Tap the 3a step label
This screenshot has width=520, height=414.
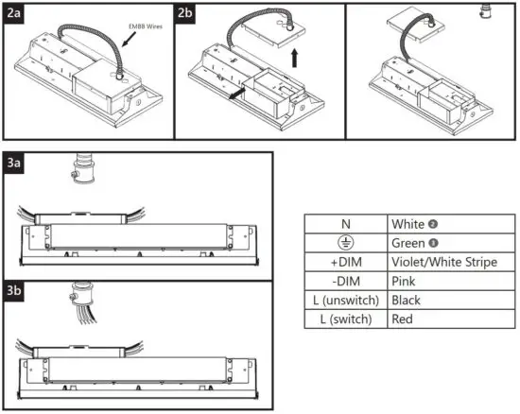tap(14, 162)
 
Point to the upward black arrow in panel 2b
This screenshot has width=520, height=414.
tap(295, 59)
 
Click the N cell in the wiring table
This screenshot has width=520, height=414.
tap(346, 223)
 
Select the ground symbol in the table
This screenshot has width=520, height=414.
tap(346, 243)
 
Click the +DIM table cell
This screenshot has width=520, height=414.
tap(346, 262)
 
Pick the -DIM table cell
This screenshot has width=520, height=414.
tap(346, 281)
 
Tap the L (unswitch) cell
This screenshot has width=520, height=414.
tap(346, 300)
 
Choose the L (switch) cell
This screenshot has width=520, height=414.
tap(346, 319)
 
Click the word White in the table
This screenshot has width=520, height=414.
tap(408, 223)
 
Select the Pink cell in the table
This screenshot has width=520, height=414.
tap(404, 281)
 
